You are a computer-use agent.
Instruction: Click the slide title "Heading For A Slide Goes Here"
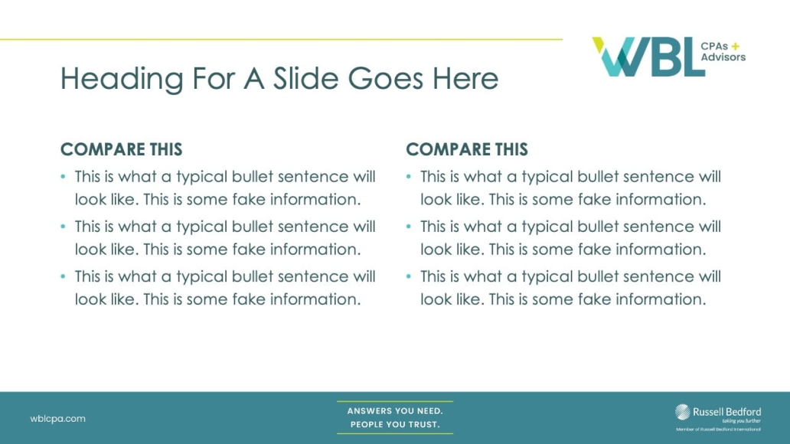coord(279,78)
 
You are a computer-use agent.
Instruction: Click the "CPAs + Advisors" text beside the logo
coord(723,51)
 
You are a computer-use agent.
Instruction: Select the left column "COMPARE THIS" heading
coord(121,149)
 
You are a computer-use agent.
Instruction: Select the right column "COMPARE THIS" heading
coord(467,149)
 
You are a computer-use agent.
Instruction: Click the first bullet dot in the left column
coord(63,177)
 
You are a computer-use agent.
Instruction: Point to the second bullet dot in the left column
coord(63,227)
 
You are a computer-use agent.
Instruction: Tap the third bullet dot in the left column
coord(63,276)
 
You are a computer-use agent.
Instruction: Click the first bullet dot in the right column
coord(409,177)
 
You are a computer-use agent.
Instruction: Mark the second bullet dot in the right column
coord(409,227)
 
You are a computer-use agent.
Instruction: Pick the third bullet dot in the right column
coord(409,276)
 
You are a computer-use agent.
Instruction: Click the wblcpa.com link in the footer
coord(57,419)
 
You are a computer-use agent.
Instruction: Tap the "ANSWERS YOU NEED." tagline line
coord(395,411)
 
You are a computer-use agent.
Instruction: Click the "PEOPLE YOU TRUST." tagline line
coord(395,425)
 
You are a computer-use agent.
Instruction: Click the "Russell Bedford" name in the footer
coord(726,411)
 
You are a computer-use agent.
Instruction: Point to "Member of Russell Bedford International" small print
coord(718,429)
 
